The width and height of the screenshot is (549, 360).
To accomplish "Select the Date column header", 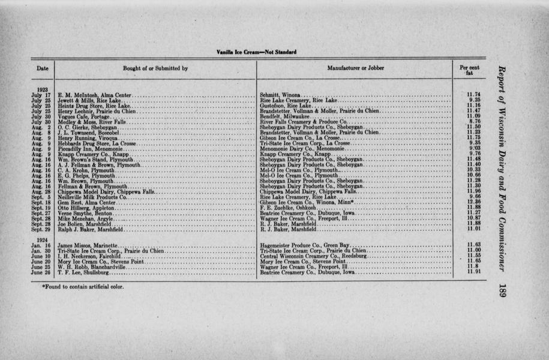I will pyautogui.click(x=42, y=68).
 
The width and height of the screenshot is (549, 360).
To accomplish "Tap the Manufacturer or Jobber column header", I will pyautogui.click(x=356, y=68).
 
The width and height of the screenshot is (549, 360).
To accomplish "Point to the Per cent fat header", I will pyautogui.click(x=469, y=71).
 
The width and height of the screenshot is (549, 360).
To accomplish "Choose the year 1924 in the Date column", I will pyautogui.click(x=41, y=239).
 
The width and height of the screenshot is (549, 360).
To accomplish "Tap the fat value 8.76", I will pyautogui.click(x=473, y=122).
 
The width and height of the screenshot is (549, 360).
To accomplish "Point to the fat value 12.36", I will pyautogui.click(x=473, y=202).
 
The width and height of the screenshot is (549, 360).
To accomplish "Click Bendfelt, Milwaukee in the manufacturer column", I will pyautogui.click(x=285, y=116).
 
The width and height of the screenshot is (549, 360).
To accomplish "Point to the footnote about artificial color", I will pyautogui.click(x=83, y=286).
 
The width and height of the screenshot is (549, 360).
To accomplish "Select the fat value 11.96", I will pyautogui.click(x=473, y=191).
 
